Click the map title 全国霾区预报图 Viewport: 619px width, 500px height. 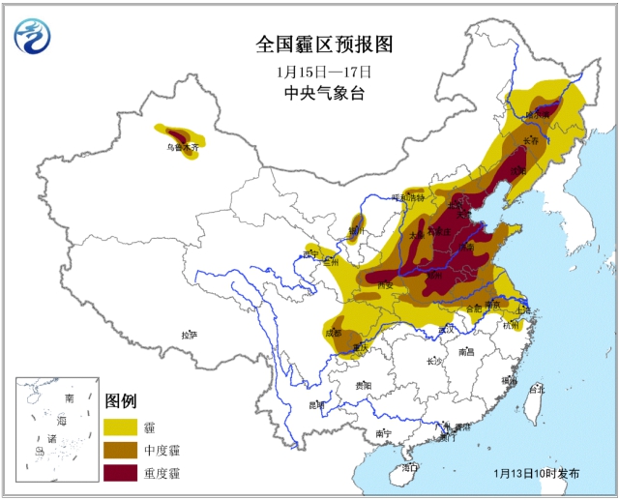[x=310, y=45]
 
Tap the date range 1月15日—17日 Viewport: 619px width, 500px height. [x=309, y=72]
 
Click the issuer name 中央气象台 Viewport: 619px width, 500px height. [x=310, y=94]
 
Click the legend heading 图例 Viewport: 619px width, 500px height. [x=121, y=401]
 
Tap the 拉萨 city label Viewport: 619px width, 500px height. [x=189, y=335]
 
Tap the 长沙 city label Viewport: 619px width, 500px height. [x=433, y=361]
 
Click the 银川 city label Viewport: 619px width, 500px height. [x=357, y=231]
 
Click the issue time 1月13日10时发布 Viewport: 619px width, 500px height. [x=537, y=474]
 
